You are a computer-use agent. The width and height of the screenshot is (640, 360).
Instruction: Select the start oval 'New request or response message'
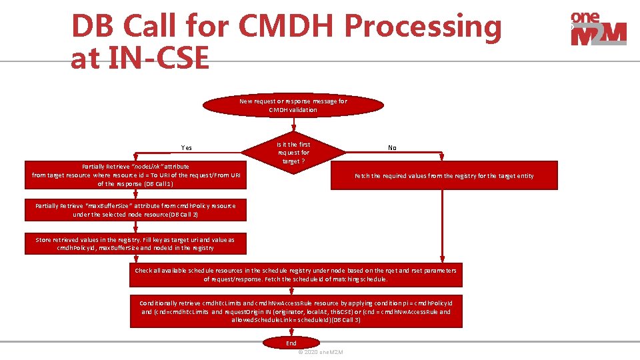pos(293,105)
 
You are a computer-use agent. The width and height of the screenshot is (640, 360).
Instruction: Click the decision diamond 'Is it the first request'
pos(293,153)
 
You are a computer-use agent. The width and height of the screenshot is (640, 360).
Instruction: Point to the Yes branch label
pos(187,148)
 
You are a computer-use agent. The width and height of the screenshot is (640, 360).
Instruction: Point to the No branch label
pos(392,148)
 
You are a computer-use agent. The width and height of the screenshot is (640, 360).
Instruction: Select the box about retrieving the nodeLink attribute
pos(135,175)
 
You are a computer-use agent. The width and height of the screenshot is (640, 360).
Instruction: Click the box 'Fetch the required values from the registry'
pos(444,176)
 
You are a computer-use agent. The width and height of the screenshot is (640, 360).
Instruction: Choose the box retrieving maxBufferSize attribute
pos(135,210)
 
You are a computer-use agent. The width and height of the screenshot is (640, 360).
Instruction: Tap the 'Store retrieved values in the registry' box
pos(135,243)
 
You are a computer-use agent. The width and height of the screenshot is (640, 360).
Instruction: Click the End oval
pos(291,343)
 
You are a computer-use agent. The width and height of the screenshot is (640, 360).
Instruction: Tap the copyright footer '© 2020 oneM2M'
pos(321,352)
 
